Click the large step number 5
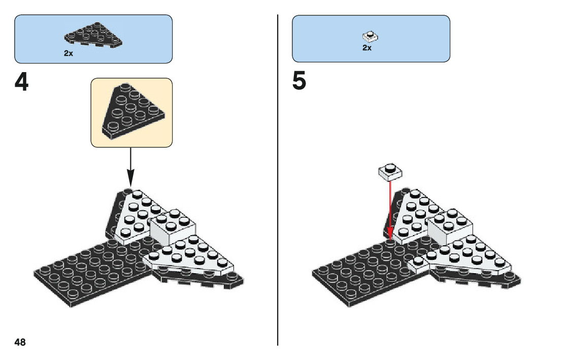coord(299,83)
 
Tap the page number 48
coord(20,342)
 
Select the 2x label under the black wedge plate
coord(69,53)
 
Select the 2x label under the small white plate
coord(366,48)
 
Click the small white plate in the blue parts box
coord(371,37)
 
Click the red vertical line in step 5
coord(390,208)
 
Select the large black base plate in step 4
coord(91,272)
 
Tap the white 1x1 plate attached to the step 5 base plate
coord(417,263)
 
